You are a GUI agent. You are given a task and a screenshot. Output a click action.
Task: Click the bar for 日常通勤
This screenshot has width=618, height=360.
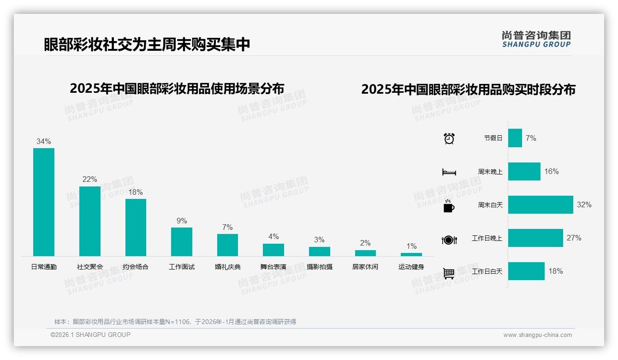[44, 202]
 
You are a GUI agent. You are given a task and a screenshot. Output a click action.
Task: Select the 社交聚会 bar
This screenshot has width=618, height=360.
[89, 221]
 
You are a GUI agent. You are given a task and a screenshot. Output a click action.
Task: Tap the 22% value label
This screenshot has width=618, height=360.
[89, 180]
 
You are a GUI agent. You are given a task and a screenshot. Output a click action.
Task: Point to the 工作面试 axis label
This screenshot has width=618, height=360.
[182, 267]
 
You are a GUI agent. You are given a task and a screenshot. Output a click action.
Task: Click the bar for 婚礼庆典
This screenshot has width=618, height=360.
[227, 245]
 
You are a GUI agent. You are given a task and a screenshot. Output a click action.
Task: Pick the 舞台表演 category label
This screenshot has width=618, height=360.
[273, 267]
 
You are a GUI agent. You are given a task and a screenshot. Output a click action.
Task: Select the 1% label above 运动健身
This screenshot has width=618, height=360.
[411, 246]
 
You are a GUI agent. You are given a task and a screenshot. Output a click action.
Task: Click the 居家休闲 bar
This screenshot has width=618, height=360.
[365, 253]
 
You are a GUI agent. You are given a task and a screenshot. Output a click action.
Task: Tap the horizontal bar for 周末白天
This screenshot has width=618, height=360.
[541, 204]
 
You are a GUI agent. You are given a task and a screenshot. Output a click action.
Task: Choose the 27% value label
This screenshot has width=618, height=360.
[574, 238]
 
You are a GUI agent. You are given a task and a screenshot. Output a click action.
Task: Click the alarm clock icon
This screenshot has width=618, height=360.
[449, 138]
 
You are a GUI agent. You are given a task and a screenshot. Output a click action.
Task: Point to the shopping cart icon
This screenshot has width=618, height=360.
[449, 273]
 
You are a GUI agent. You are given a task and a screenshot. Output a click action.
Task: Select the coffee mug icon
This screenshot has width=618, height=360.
[449, 206]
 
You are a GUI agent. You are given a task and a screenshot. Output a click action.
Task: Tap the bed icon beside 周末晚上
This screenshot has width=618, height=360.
[449, 172]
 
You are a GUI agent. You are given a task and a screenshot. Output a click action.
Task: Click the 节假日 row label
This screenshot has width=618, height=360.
[493, 138]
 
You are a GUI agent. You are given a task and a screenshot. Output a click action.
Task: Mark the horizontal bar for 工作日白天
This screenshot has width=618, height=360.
[526, 271]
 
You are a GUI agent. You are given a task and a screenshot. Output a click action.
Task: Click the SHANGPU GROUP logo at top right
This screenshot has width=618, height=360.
[536, 39]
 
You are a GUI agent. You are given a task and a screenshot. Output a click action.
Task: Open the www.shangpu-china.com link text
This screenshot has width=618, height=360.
[537, 335]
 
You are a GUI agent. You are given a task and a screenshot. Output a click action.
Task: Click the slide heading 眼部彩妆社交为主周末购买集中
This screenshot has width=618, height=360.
[147, 44]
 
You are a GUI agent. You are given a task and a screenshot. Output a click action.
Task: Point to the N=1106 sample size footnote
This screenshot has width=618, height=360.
[175, 322]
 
